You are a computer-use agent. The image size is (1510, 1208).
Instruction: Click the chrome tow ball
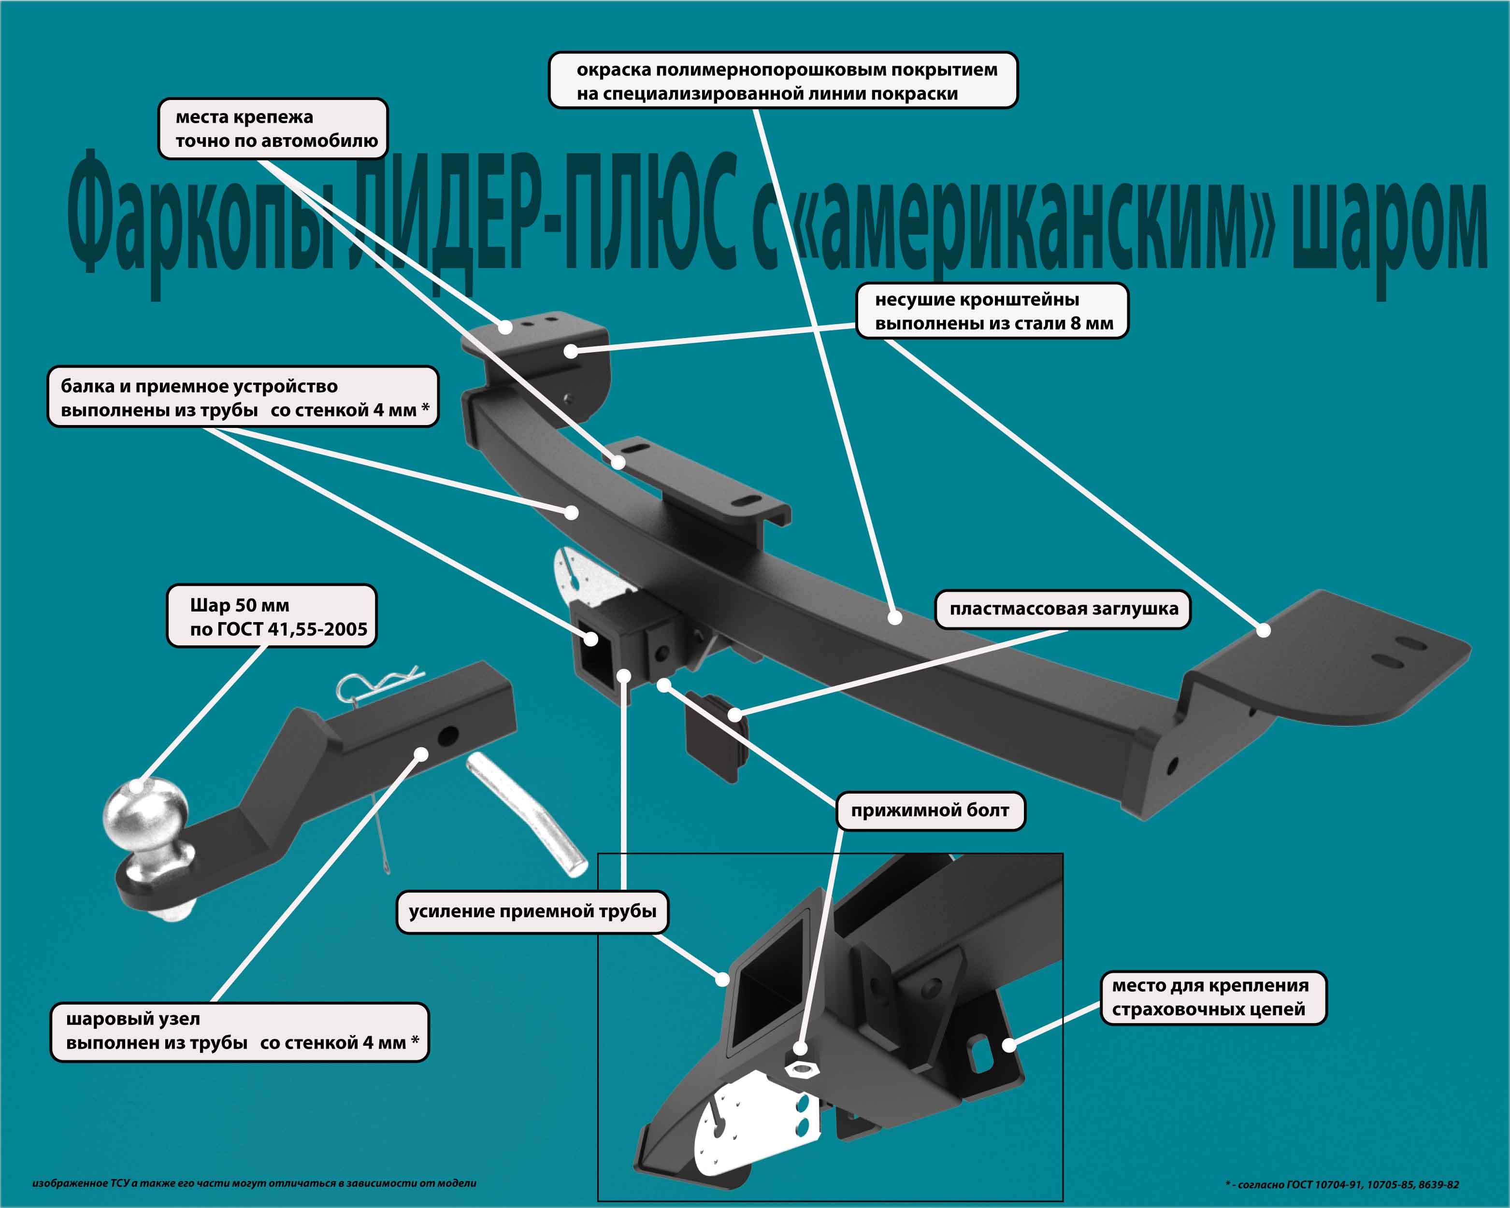click(145, 816)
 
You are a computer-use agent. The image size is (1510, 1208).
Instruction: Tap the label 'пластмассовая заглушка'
click(1063, 609)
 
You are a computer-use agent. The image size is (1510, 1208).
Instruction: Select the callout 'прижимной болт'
click(930, 811)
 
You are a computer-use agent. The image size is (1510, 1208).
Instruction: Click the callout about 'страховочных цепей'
click(1213, 997)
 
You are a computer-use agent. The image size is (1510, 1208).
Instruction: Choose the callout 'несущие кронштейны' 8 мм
click(992, 311)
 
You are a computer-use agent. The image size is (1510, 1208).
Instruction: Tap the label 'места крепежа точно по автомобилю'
click(273, 129)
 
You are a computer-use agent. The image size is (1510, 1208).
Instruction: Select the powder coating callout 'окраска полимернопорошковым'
click(782, 81)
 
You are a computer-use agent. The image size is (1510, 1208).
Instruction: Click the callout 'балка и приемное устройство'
click(243, 397)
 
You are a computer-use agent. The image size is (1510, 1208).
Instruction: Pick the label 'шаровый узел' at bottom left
click(240, 1032)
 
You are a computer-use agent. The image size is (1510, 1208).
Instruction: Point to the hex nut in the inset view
click(803, 1069)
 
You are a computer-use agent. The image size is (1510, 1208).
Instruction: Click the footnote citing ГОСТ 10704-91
click(1342, 1184)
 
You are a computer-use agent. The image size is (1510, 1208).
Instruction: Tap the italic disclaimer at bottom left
click(254, 1183)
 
